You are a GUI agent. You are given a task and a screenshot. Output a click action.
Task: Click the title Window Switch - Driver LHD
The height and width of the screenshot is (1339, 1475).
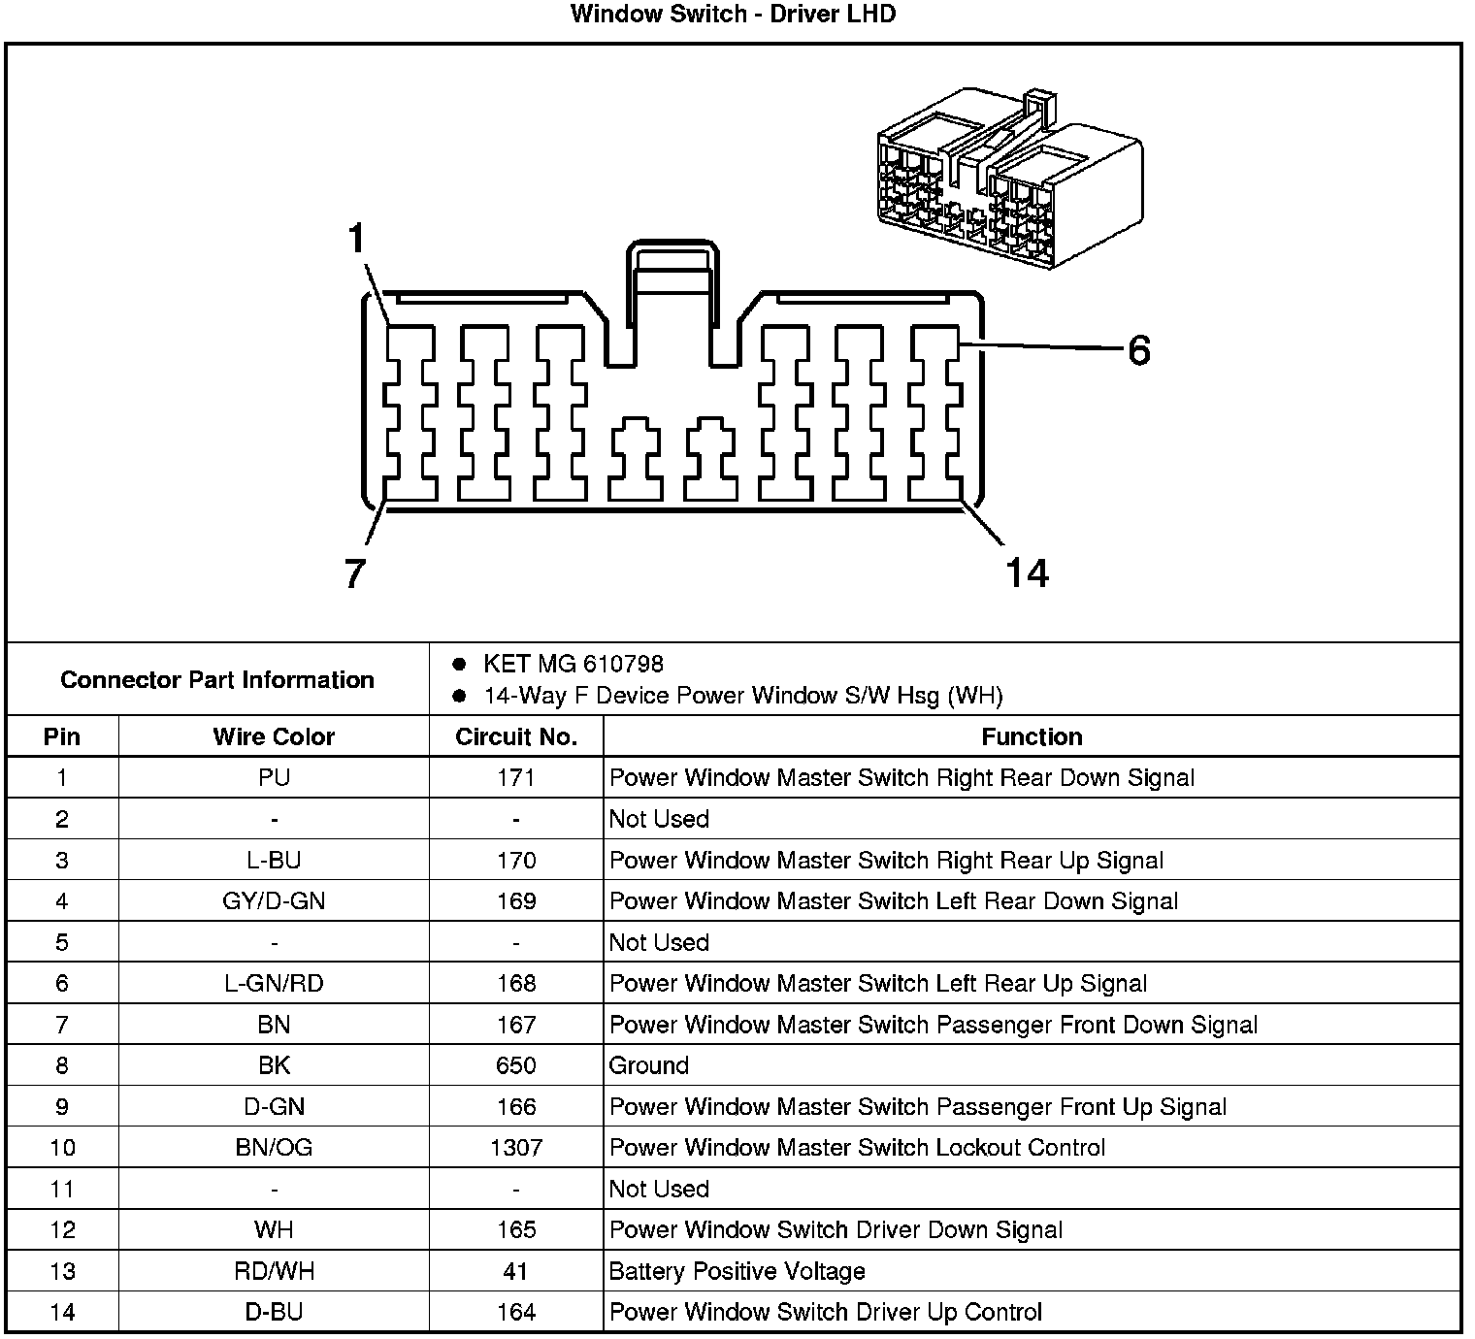[x=733, y=15]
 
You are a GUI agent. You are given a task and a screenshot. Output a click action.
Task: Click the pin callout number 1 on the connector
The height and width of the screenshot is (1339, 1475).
[x=358, y=238]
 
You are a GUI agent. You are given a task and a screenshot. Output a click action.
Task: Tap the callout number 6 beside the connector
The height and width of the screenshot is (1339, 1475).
[x=1138, y=350]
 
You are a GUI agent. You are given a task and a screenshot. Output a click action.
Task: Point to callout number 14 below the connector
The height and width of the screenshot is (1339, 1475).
[x=1027, y=573]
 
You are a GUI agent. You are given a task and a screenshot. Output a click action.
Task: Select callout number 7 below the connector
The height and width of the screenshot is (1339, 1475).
[x=354, y=574]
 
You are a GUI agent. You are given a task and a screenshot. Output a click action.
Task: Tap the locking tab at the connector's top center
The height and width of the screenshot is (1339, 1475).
[x=675, y=291]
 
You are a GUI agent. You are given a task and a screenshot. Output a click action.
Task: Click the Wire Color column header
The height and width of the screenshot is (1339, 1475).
[x=274, y=737]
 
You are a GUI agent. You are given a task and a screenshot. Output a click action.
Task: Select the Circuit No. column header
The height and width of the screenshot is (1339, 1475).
[x=515, y=737]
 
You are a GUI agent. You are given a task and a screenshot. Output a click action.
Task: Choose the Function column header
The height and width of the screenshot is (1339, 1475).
[x=1032, y=737]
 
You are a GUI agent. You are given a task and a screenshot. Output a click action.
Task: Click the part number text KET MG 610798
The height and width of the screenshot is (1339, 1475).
[x=573, y=665]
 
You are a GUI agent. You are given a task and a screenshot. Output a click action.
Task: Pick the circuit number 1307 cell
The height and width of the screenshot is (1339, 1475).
[x=515, y=1148]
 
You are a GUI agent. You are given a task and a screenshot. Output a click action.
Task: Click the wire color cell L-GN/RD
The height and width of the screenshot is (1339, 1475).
[x=274, y=984]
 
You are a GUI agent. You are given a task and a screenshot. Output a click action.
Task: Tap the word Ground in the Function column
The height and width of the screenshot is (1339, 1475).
[x=648, y=1065]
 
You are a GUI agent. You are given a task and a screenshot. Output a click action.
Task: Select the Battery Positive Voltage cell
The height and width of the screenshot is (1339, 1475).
[x=737, y=1271]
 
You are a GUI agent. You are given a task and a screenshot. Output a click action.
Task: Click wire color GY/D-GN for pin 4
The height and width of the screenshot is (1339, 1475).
[x=274, y=901]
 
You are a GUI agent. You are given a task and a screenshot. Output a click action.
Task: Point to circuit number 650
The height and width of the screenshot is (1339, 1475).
[x=515, y=1065]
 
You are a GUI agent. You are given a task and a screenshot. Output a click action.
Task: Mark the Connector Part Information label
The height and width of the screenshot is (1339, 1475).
[x=217, y=680]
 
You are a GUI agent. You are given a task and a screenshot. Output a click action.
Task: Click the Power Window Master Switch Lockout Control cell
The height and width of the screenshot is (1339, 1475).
[x=857, y=1148]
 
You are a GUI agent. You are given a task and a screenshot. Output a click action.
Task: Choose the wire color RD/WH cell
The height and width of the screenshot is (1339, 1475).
[x=274, y=1271]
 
